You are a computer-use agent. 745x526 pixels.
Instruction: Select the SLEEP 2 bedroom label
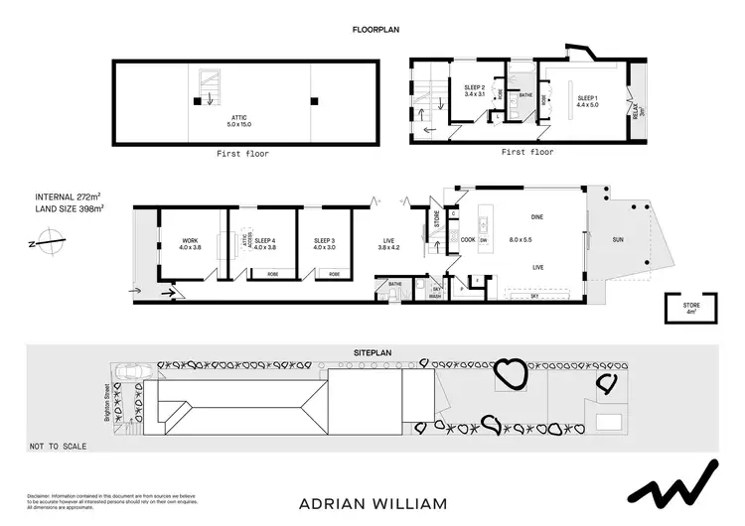pyautogui.click(x=475, y=88)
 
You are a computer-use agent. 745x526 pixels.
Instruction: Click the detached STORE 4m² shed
pyautogui.click(x=691, y=309)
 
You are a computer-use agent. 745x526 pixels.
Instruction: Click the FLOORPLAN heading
pyautogui.click(x=374, y=31)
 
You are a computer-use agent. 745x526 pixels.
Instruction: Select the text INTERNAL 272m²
pyautogui.click(x=69, y=197)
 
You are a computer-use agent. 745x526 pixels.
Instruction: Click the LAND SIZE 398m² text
pyautogui.click(x=70, y=208)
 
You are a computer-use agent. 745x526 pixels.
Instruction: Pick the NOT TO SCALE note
pyautogui.click(x=60, y=446)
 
